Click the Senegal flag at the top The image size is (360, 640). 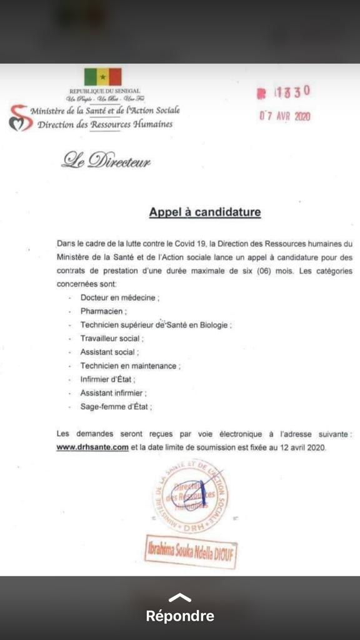(x=102, y=77)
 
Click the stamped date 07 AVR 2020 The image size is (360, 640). (x=285, y=116)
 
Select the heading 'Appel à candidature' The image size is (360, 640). (x=204, y=212)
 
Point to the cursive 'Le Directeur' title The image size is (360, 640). (x=106, y=161)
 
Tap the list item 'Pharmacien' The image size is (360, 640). (x=103, y=311)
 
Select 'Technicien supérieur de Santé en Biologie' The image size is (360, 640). (x=156, y=325)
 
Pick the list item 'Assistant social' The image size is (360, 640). (x=109, y=352)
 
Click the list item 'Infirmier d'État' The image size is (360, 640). (x=107, y=379)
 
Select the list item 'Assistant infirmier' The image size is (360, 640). (x=113, y=392)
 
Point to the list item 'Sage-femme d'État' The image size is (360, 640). (x=116, y=406)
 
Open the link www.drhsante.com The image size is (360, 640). (x=92, y=447)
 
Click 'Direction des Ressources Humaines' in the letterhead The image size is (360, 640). (x=105, y=124)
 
